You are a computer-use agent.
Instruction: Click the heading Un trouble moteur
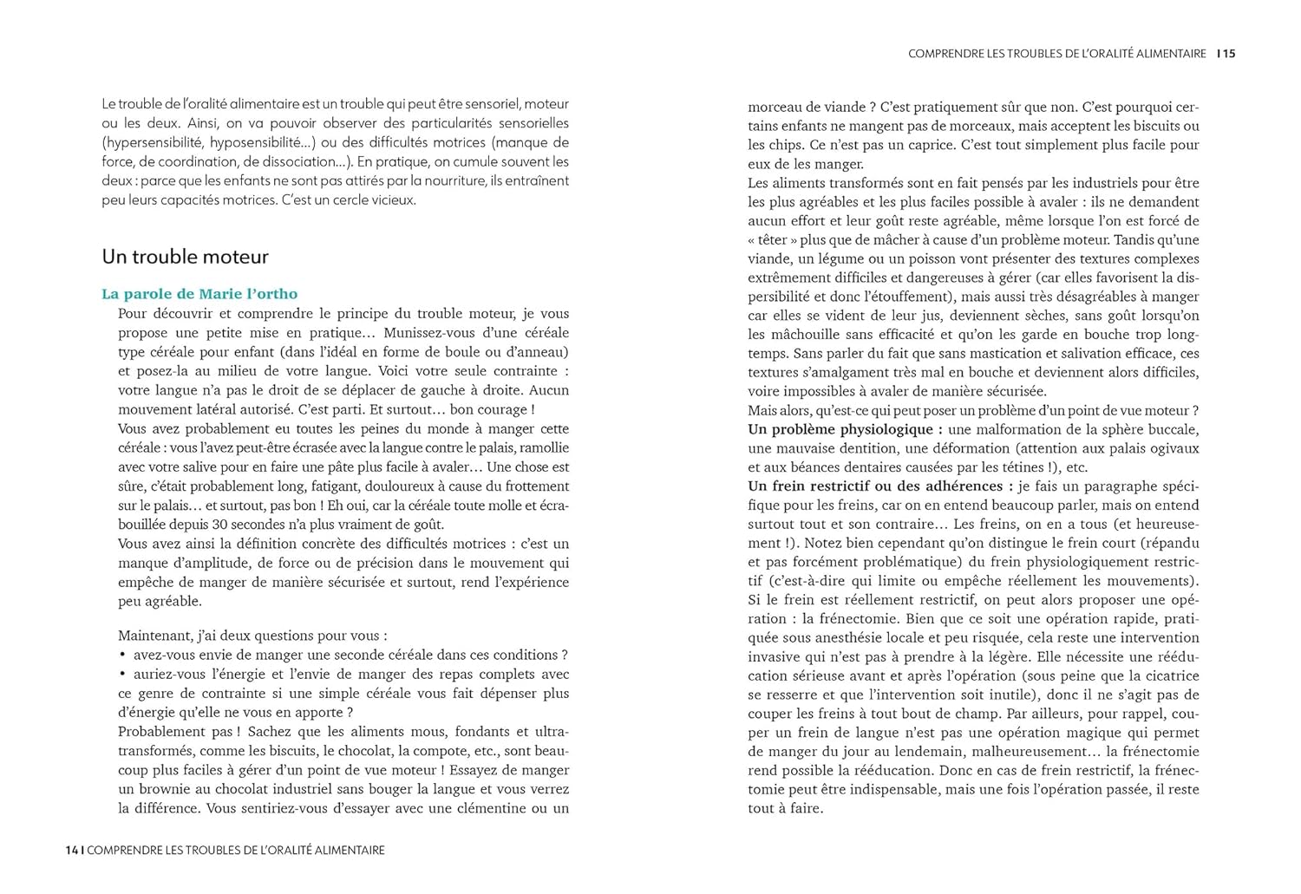pos(185,257)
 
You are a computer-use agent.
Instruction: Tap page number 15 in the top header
pos(1230,54)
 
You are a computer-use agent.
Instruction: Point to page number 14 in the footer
pos(72,851)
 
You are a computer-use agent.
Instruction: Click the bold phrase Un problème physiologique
pos(840,429)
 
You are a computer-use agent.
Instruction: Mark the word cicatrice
pos(1166,675)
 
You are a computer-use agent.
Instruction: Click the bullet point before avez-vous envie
pos(123,656)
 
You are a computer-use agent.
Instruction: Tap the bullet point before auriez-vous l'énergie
pos(123,675)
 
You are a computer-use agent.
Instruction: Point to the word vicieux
pos(391,199)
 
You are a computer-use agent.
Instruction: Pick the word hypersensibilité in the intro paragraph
pos(152,142)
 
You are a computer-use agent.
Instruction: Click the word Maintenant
pos(154,636)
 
